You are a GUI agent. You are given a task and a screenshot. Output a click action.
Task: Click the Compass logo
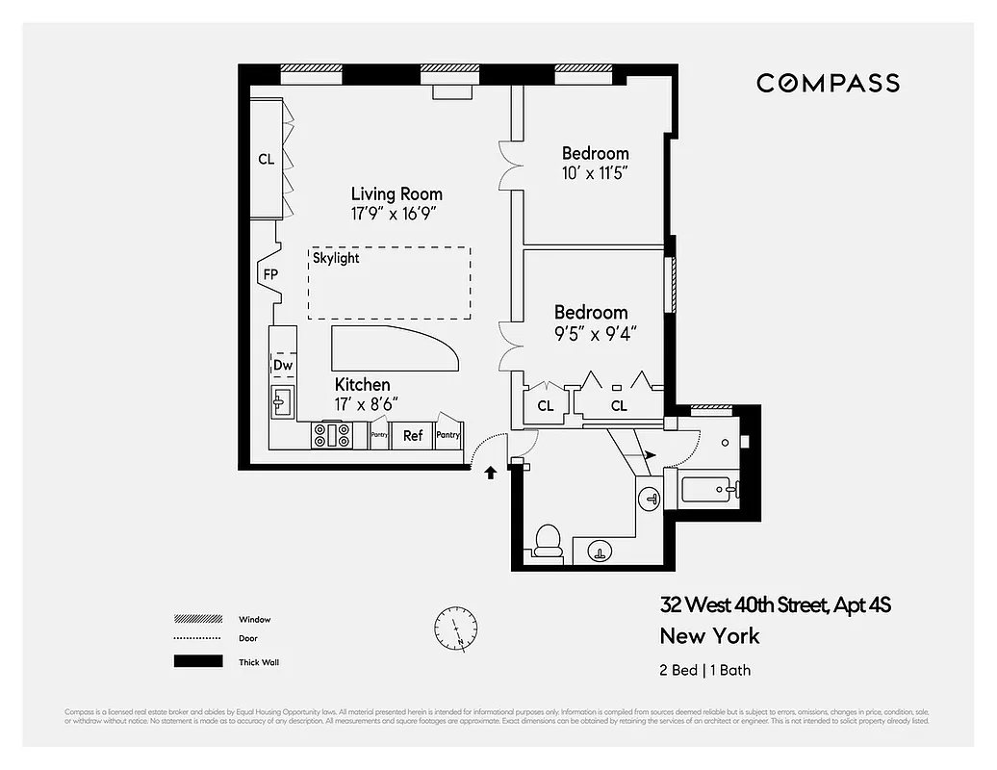[x=828, y=83]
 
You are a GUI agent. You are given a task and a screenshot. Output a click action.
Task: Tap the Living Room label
[x=396, y=193]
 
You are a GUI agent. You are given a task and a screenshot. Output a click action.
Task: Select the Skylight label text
[x=336, y=258]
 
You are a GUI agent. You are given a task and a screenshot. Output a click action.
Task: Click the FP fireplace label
[x=270, y=274]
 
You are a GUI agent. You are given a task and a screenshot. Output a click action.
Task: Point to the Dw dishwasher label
[x=282, y=366]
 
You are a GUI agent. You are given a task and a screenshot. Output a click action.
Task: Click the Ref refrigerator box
[x=412, y=435]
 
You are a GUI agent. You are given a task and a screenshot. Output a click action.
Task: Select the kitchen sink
[x=282, y=402]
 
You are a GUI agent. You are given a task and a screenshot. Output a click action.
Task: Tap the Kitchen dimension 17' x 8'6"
[x=367, y=404]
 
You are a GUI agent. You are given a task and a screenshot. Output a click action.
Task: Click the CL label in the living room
[x=266, y=160]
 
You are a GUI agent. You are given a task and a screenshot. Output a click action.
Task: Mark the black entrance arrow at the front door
[x=490, y=472]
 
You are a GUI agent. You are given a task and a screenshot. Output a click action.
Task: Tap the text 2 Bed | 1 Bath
[x=703, y=670]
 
